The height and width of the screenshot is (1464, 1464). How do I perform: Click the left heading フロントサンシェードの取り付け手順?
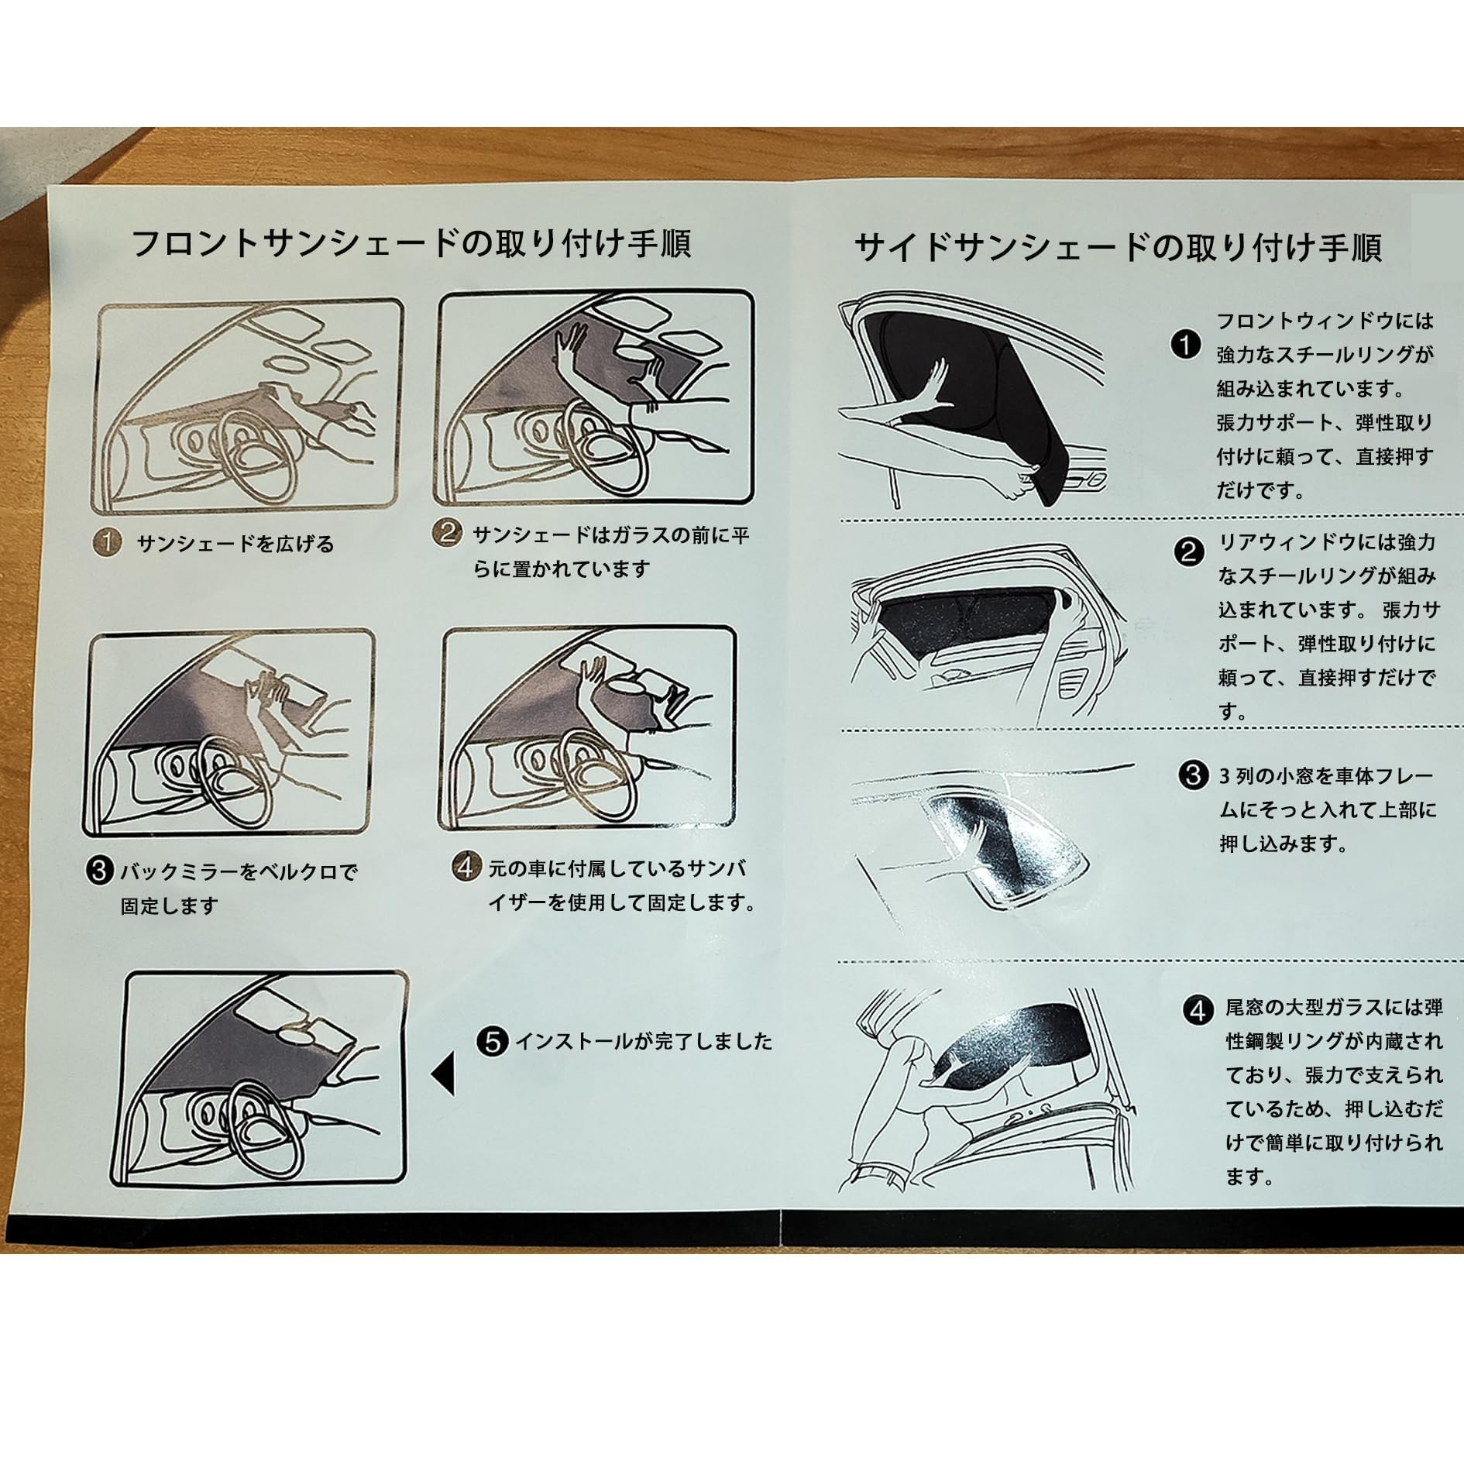[x=411, y=244]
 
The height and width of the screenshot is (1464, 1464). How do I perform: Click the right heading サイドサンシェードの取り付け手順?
[x=1118, y=248]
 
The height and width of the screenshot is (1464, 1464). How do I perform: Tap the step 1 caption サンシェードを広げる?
[x=235, y=544]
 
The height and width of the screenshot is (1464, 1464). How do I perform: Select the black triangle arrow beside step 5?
[x=443, y=1077]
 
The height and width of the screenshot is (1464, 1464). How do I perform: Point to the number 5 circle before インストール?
[x=493, y=1041]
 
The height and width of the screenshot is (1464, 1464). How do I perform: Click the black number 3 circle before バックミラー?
[x=99, y=871]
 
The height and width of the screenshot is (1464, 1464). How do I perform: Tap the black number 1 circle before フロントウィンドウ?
[x=1185, y=345]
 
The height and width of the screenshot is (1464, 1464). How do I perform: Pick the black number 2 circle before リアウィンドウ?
[x=1189, y=552]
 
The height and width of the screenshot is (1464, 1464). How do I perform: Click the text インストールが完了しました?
[x=644, y=1041]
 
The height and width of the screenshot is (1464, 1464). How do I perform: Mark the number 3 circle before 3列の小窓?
[x=1194, y=775]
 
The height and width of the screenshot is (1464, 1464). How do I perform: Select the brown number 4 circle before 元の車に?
[x=466, y=867]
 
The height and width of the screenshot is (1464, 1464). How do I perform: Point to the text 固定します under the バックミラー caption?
[x=169, y=906]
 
